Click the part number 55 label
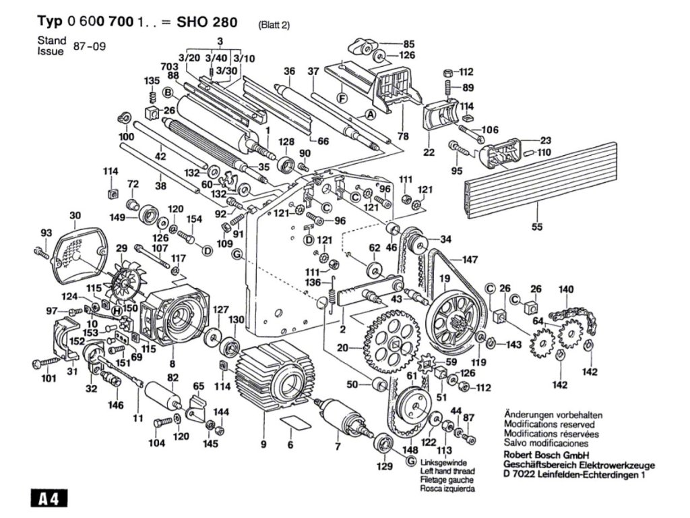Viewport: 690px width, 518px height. click(536, 227)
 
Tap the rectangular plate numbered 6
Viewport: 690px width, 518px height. click(290, 423)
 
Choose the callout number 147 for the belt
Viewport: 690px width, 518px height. click(470, 259)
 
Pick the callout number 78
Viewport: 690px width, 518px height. click(403, 136)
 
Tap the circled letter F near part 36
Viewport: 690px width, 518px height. click(342, 98)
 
